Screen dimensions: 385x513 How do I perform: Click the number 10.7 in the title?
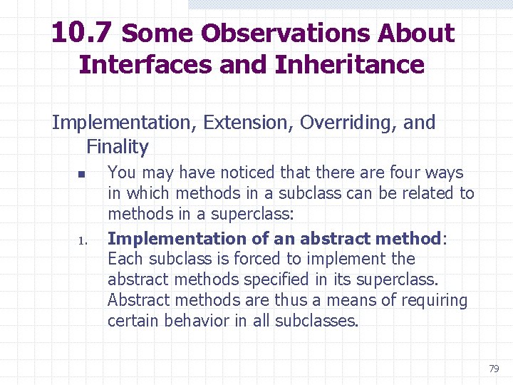click(x=82, y=33)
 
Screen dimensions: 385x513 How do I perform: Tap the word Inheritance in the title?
click(x=349, y=64)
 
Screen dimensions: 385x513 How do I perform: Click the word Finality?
click(x=117, y=147)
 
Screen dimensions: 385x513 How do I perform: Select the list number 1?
click(x=81, y=240)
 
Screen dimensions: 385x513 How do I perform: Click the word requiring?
click(x=434, y=300)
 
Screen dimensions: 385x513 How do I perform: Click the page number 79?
click(x=494, y=369)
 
